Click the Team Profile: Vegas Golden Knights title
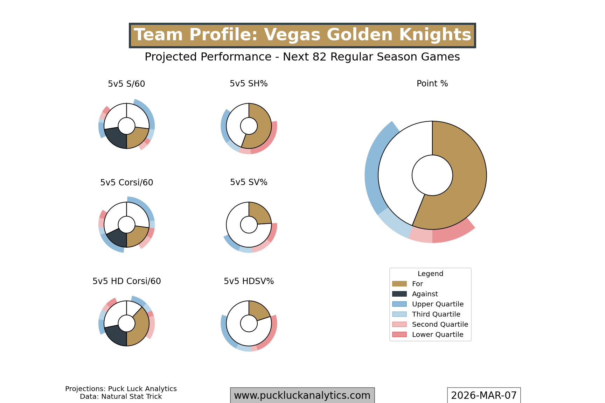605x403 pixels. click(x=302, y=35)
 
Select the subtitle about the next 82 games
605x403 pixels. click(x=302, y=57)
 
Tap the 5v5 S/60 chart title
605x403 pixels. click(x=126, y=84)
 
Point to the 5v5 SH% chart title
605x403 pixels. click(x=249, y=84)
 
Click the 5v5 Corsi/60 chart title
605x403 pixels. click(x=126, y=183)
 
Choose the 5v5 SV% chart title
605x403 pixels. click(x=249, y=182)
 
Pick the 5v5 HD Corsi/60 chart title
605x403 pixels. click(x=126, y=281)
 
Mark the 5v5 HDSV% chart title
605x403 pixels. click(x=249, y=281)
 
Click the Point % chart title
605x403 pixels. click(x=432, y=84)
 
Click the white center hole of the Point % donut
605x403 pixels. click(x=432, y=175)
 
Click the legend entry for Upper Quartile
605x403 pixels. click(x=437, y=304)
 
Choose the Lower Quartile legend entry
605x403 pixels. click(x=437, y=335)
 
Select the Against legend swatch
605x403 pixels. click(x=399, y=294)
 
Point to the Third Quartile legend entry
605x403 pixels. click(x=436, y=314)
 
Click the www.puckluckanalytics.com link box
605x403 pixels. click(x=302, y=395)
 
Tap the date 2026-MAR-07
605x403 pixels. click(x=484, y=395)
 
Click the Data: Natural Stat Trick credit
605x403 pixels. click(x=121, y=397)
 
